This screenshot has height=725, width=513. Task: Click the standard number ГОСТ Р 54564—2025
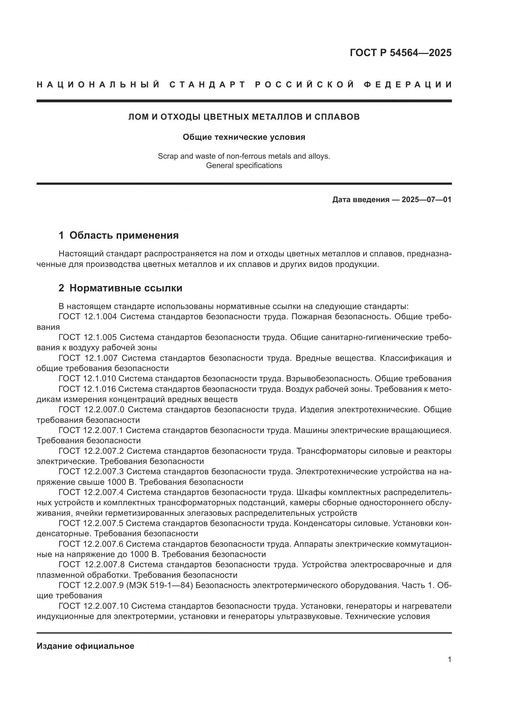coord(400,53)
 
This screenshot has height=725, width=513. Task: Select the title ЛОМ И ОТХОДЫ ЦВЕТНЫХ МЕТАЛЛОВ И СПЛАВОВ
coord(244,117)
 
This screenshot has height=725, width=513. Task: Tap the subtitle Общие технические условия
coord(244,137)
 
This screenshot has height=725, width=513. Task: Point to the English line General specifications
coord(244,166)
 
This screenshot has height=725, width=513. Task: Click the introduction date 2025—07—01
coord(426,200)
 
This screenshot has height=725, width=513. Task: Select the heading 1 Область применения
coord(118,235)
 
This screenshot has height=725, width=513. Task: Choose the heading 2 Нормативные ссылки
coord(120,288)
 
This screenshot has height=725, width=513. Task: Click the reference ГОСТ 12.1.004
coord(88,317)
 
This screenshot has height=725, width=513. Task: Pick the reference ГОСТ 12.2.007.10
coord(93,606)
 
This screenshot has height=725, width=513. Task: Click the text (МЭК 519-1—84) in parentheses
coord(159,585)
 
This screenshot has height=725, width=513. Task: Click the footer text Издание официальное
coord(85,646)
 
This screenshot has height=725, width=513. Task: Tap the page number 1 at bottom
coord(449,660)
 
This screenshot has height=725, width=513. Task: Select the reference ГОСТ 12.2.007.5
coord(91,523)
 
